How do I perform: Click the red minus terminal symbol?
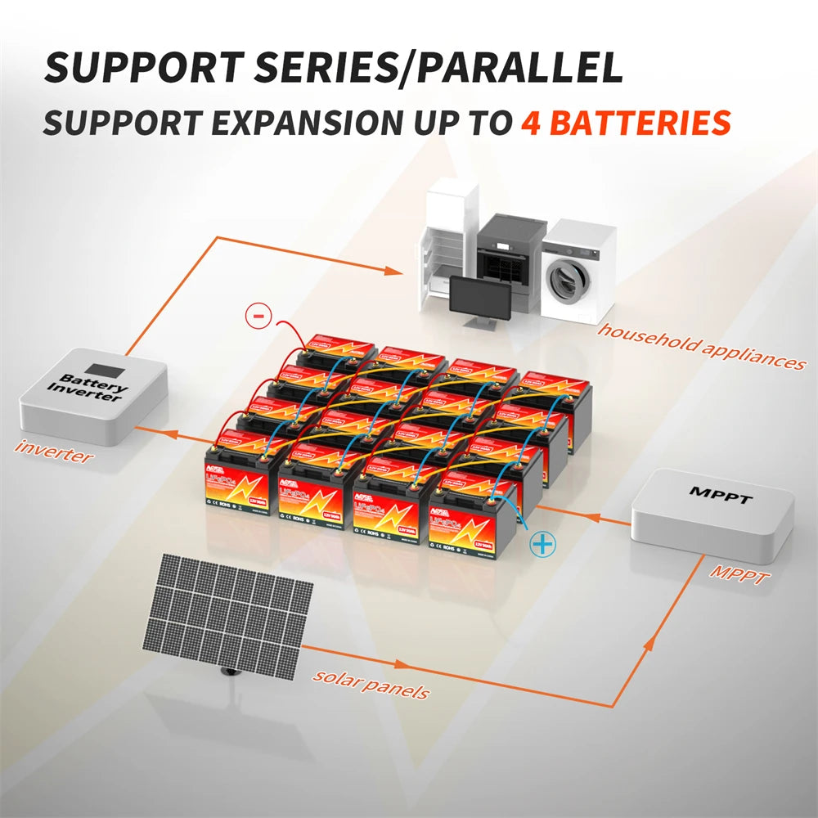pos(256,315)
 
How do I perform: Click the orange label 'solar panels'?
pos(371,684)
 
